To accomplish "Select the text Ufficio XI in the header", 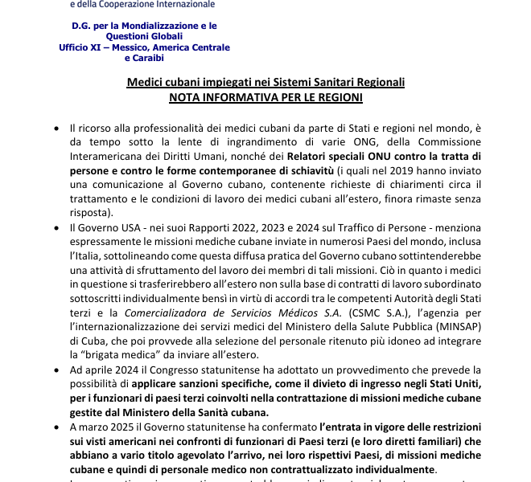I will click(83, 48).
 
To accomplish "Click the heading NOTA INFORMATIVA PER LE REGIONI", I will click(265, 97).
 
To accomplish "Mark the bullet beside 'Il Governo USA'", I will click(56, 228).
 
